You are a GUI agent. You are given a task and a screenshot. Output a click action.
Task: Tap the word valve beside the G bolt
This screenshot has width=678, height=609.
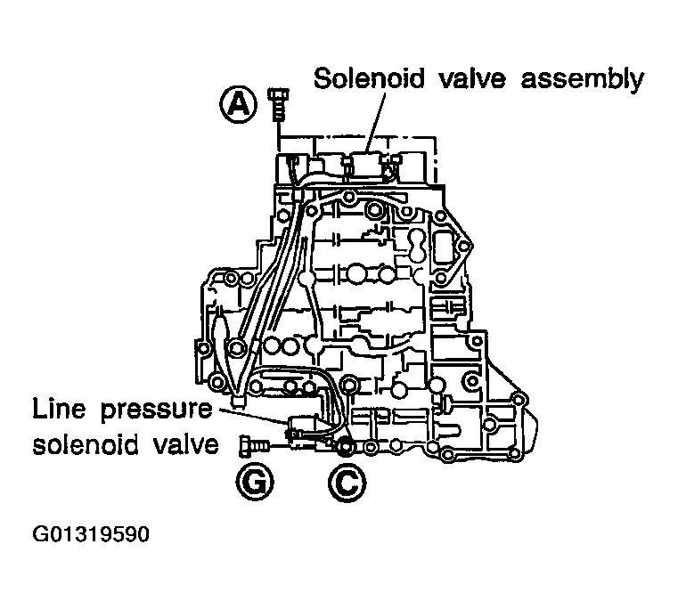coord(184,443)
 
